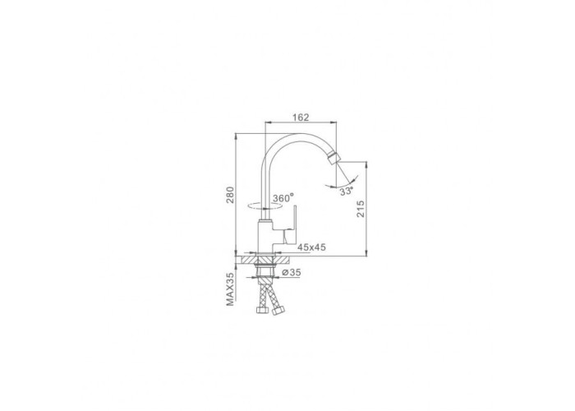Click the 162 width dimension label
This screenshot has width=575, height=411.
301,117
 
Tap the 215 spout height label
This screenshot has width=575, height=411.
361,209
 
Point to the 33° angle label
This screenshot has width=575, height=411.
346,192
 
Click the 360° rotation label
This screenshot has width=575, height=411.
283,198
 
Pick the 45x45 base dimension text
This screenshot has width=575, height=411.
311,247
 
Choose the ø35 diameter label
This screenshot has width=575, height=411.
292,272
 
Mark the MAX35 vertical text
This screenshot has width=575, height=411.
229,289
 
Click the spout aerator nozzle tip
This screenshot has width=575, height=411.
333,157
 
